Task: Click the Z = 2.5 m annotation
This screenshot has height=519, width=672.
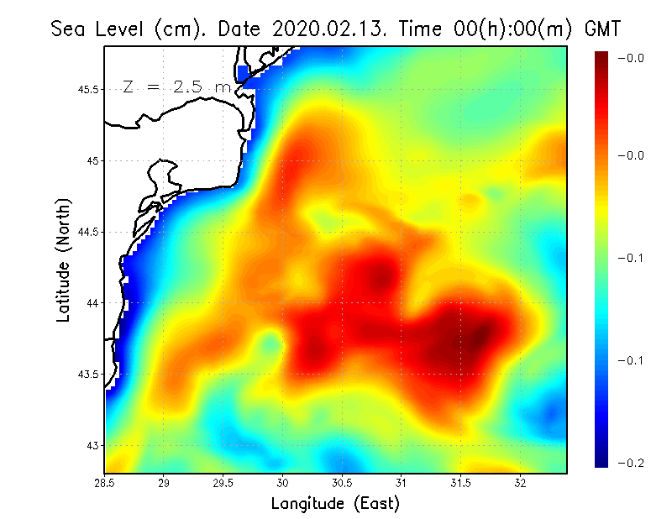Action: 176,86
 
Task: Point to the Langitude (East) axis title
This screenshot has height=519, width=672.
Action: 335,504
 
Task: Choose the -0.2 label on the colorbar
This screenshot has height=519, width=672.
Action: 631,464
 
